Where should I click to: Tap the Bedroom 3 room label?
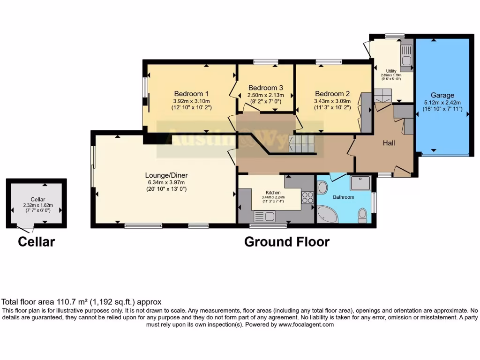pos(266,88)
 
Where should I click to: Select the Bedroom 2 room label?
pos(332,93)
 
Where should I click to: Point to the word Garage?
pos(442,95)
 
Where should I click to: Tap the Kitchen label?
pos(273,193)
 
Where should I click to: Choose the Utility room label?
pos(390,71)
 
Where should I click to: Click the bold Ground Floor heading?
pos(287,242)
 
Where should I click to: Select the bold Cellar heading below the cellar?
pos(37,242)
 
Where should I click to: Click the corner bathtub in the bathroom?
pos(327,215)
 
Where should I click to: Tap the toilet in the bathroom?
pos(362,215)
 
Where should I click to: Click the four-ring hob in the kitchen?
pos(307,197)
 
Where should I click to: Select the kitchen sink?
pos(266,216)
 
